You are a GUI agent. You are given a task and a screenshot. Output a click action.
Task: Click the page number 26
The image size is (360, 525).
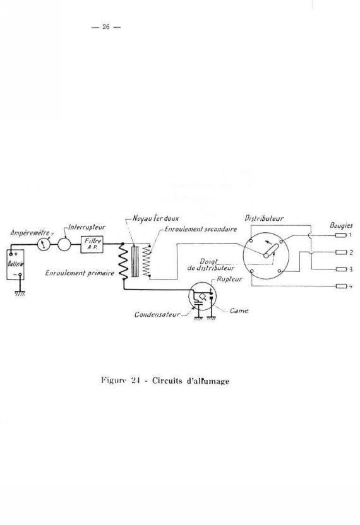(106, 27)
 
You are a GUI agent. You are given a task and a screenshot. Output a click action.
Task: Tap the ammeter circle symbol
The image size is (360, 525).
(44, 244)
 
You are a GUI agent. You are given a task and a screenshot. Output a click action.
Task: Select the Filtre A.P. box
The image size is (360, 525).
(92, 244)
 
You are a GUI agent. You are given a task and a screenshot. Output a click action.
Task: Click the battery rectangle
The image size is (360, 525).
(15, 264)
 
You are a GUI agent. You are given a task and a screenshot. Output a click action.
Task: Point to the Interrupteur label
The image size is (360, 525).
(87, 227)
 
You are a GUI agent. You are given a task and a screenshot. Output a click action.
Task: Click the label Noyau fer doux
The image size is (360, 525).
(156, 218)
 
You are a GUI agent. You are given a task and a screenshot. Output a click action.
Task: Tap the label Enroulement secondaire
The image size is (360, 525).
(201, 229)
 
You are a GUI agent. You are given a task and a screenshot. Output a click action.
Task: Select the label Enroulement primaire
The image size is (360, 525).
(80, 273)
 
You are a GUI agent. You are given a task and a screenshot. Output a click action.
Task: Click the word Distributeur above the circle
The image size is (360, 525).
(264, 218)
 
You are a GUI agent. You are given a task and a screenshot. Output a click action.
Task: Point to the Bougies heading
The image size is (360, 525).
(341, 225)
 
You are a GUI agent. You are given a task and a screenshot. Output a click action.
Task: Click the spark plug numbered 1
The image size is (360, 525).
(341, 235)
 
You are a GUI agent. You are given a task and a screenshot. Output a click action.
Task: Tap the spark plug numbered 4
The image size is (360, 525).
(341, 286)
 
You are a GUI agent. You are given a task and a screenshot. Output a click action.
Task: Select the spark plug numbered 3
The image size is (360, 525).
(341, 269)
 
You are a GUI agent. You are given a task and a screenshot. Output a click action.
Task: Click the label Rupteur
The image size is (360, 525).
(229, 279)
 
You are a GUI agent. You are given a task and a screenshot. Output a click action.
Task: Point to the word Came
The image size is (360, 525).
(239, 310)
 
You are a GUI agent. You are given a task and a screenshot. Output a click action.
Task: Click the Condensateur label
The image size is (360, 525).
(157, 315)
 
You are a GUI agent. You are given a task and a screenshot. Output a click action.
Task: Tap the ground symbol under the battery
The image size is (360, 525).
(20, 293)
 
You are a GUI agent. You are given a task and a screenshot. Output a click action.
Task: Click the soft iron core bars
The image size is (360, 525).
(135, 261)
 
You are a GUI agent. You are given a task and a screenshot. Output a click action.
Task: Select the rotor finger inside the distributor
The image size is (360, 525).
(271, 251)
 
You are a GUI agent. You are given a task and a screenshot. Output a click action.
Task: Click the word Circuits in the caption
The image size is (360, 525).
(167, 380)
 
